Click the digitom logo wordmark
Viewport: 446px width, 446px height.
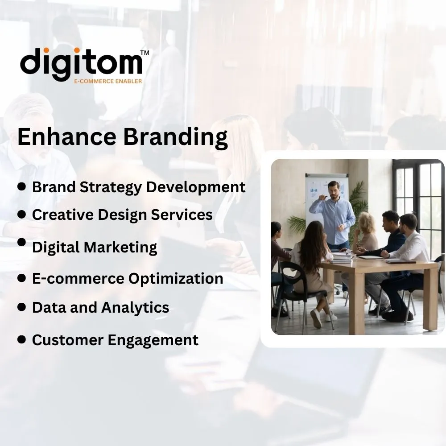coord(81,64)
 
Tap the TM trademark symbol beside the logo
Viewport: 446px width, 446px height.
coord(145,53)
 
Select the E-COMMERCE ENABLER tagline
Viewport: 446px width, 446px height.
coord(108,81)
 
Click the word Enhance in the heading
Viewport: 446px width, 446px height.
coord(67,137)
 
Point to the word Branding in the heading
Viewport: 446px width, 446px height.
coord(175,138)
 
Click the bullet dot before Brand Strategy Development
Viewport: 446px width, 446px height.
coord(21,186)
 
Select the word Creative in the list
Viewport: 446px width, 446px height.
coord(62,215)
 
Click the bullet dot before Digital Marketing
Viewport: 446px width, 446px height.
coord(21,242)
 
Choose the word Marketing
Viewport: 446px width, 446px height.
coord(120,247)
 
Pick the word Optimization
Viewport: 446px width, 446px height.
coord(176,278)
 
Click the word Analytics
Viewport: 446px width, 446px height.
coord(135,308)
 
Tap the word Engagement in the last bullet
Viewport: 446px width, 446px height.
coord(153,340)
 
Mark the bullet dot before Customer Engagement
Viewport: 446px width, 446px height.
coord(21,339)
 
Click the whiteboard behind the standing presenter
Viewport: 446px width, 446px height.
coord(326,196)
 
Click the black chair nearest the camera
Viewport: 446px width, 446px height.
coord(301,296)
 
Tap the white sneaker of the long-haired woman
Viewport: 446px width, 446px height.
coord(316,318)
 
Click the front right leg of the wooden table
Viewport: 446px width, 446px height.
coord(430,299)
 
